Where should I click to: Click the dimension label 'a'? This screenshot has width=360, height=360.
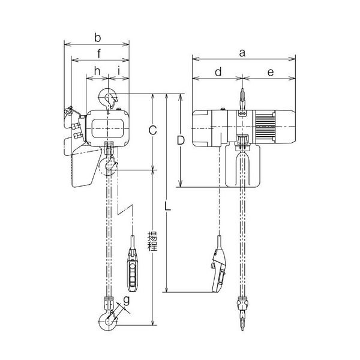click(242, 53)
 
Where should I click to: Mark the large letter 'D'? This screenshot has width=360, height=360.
click(180, 140)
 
